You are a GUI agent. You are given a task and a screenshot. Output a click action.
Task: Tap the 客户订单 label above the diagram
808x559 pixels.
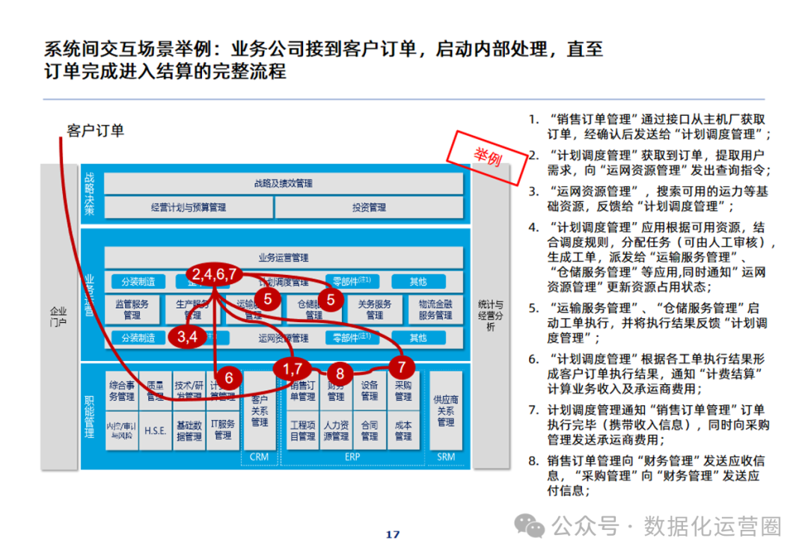95,131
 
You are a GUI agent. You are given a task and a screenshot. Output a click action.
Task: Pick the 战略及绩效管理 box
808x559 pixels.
283,183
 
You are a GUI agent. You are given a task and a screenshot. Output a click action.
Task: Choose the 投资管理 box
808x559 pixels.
369,207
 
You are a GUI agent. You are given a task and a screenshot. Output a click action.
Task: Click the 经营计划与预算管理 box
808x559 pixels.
188,207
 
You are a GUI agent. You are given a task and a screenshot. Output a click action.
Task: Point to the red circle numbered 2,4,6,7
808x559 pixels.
214,274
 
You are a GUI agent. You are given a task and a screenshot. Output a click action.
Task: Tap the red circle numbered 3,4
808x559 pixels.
187,336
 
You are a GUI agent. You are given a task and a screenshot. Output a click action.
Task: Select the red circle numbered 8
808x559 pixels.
340,373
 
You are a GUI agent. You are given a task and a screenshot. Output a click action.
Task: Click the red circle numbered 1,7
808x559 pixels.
292,368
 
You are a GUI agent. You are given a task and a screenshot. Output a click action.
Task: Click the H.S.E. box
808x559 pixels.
155,431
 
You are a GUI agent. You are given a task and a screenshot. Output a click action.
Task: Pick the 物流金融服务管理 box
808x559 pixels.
435,309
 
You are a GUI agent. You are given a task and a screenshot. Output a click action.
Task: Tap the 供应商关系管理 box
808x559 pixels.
446,411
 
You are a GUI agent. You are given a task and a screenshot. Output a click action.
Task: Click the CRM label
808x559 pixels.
259,457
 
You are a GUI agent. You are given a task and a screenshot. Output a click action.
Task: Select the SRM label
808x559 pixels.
446,457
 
